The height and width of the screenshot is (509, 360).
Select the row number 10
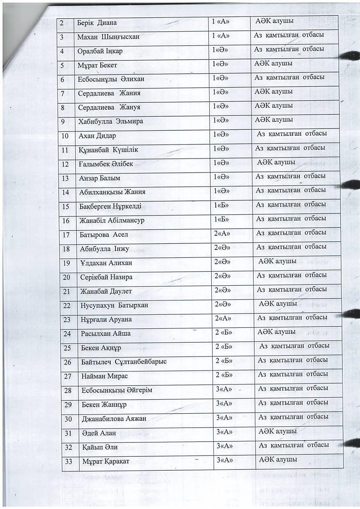click(x=65, y=136)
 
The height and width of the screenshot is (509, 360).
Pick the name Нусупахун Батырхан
click(x=115, y=305)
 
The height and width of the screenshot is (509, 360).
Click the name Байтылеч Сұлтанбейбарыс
click(x=123, y=362)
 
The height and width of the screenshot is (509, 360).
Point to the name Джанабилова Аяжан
click(x=114, y=418)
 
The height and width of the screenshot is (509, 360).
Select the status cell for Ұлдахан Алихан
click(x=277, y=261)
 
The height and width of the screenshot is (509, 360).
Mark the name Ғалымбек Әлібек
click(x=105, y=164)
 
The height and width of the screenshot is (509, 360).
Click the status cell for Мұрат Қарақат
click(x=278, y=460)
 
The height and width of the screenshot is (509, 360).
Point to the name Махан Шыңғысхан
click(x=108, y=37)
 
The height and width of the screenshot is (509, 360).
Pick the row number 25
click(x=68, y=348)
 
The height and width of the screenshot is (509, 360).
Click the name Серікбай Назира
click(x=106, y=277)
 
